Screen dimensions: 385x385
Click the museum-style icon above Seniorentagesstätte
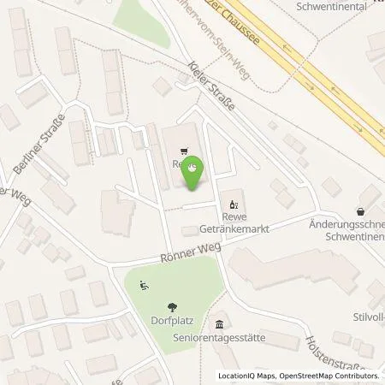click(x=221, y=324)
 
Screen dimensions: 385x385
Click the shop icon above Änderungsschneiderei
click(x=360, y=210)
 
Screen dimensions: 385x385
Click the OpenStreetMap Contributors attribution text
click(x=329, y=376)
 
